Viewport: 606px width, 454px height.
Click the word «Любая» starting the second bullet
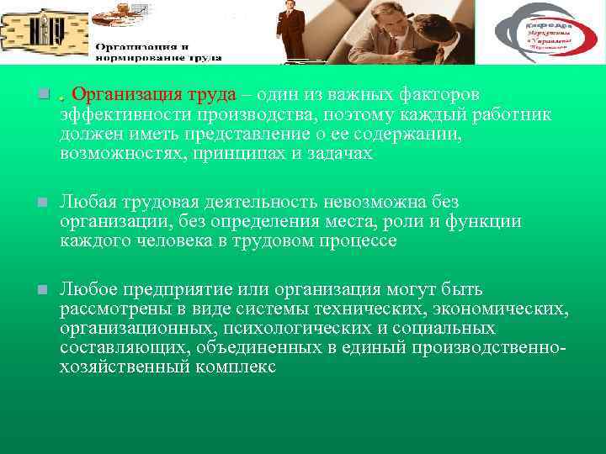(90, 203)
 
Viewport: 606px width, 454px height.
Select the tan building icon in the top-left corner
(44, 30)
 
